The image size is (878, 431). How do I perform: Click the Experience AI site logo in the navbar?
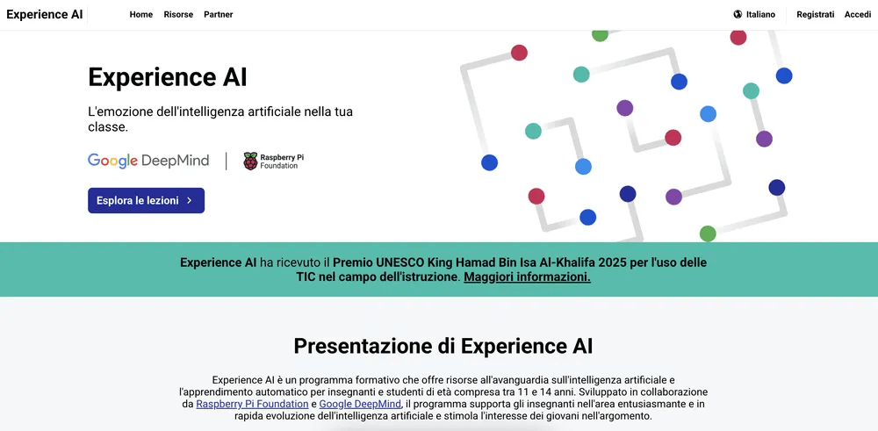pyautogui.click(x=44, y=14)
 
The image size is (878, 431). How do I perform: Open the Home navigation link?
pyautogui.click(x=140, y=15)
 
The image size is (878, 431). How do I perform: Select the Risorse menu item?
pyautogui.click(x=178, y=15)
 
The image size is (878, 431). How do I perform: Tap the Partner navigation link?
pyautogui.click(x=219, y=15)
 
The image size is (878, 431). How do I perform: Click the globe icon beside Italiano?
pyautogui.click(x=738, y=15)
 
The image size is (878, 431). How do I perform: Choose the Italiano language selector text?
pyautogui.click(x=760, y=15)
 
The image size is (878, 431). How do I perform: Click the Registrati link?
pyautogui.click(x=815, y=15)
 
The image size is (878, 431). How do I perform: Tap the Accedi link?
pyautogui.click(x=857, y=15)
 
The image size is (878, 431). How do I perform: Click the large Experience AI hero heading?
pyautogui.click(x=167, y=77)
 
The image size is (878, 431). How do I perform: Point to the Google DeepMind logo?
pyautogui.click(x=148, y=161)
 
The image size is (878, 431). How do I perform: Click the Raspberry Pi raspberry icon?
pyautogui.click(x=250, y=161)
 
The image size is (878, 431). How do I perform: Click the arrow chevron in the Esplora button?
pyautogui.click(x=189, y=201)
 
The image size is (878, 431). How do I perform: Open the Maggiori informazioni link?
pyautogui.click(x=527, y=277)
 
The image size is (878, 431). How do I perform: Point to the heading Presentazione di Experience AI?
pyautogui.click(x=443, y=346)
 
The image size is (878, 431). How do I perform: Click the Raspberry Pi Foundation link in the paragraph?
pyautogui.click(x=252, y=404)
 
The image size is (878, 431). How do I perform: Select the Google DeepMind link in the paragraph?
pyautogui.click(x=360, y=404)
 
